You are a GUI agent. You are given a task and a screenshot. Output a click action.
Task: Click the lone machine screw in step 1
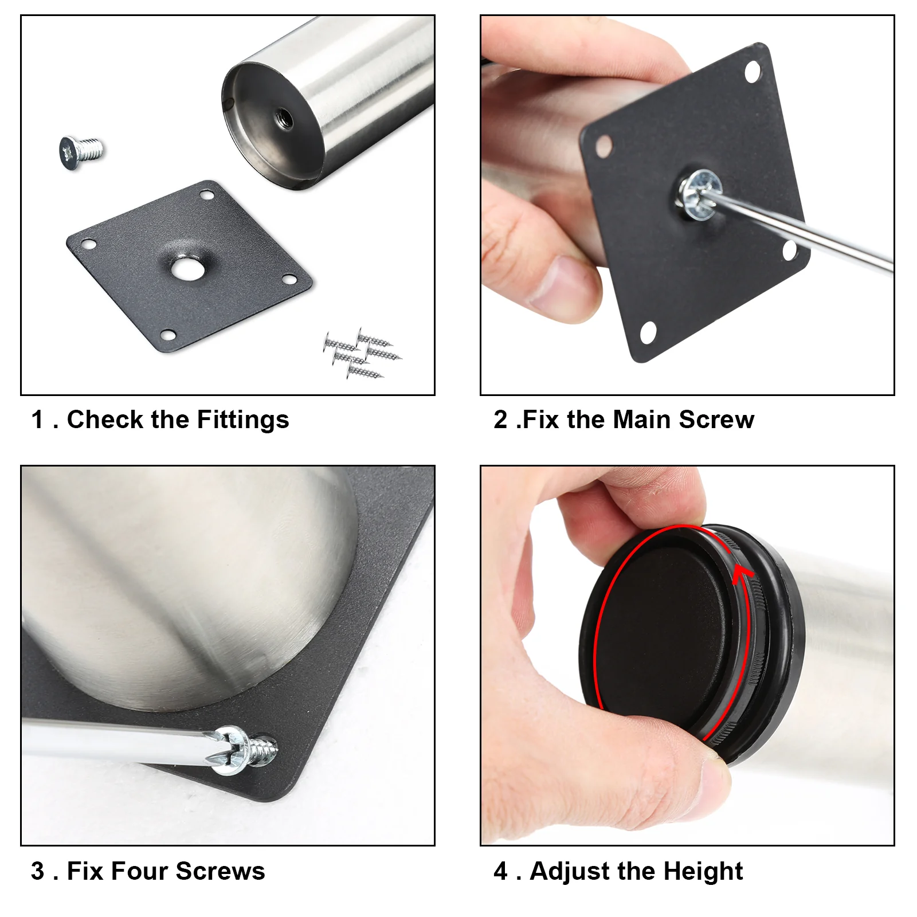click(x=81, y=152)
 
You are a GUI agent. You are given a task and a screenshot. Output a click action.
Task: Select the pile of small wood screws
click(x=362, y=353)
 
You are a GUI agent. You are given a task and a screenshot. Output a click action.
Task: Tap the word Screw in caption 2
click(x=716, y=420)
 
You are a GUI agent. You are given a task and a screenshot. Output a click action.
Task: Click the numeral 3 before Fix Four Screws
click(x=38, y=871)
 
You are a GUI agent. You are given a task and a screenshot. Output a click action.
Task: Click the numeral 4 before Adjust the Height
click(x=500, y=871)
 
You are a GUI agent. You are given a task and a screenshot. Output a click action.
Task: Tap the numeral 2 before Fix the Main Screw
click(x=500, y=420)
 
